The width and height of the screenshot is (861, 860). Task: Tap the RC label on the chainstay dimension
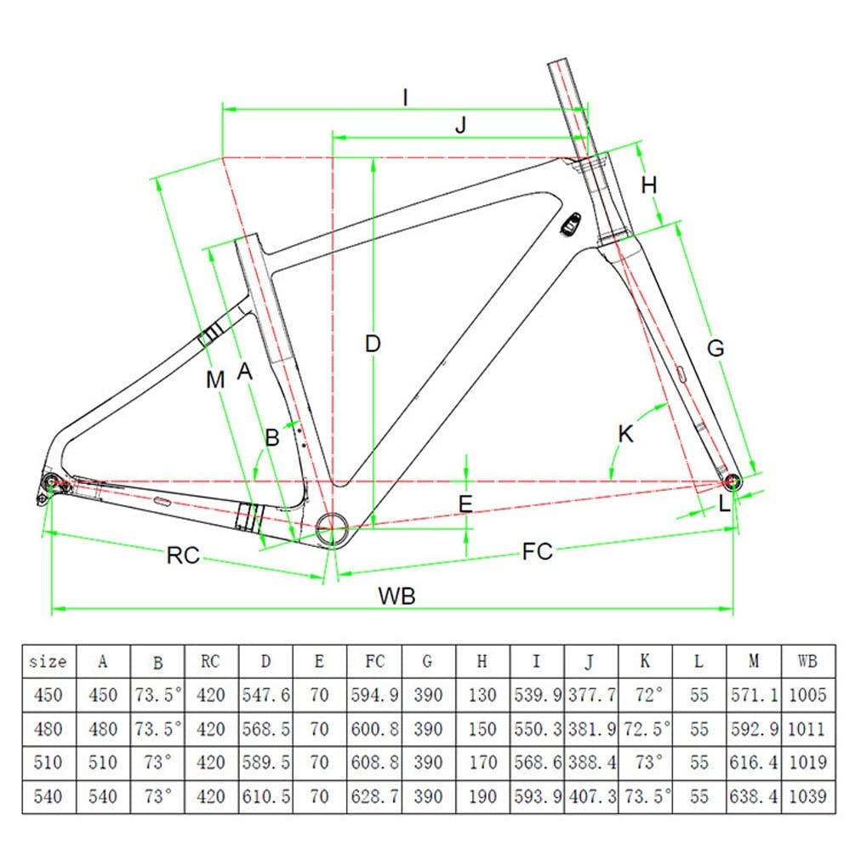click(x=182, y=555)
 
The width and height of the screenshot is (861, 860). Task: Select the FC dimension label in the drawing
click(x=537, y=551)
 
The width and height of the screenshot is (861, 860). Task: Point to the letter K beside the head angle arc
click(x=625, y=435)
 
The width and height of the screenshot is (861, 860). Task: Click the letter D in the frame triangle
click(x=373, y=345)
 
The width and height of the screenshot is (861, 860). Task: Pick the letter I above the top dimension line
click(x=406, y=98)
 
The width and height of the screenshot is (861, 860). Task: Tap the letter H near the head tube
click(x=650, y=185)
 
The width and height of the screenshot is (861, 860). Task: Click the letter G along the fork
click(x=716, y=347)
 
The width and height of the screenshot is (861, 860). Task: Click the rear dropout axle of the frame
click(x=50, y=483)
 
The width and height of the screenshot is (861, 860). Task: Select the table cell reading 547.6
click(x=265, y=695)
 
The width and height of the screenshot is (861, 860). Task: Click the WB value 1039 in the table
click(x=807, y=796)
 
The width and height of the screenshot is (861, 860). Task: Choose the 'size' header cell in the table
click(x=48, y=661)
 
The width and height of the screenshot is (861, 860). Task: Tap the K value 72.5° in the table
click(x=646, y=729)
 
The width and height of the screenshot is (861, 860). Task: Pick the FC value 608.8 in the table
click(x=374, y=763)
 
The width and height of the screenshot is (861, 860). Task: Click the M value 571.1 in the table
click(x=754, y=695)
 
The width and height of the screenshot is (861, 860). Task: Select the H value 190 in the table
click(x=482, y=796)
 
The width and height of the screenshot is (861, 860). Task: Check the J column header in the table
click(x=590, y=661)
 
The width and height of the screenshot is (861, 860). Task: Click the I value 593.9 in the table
click(x=537, y=796)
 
